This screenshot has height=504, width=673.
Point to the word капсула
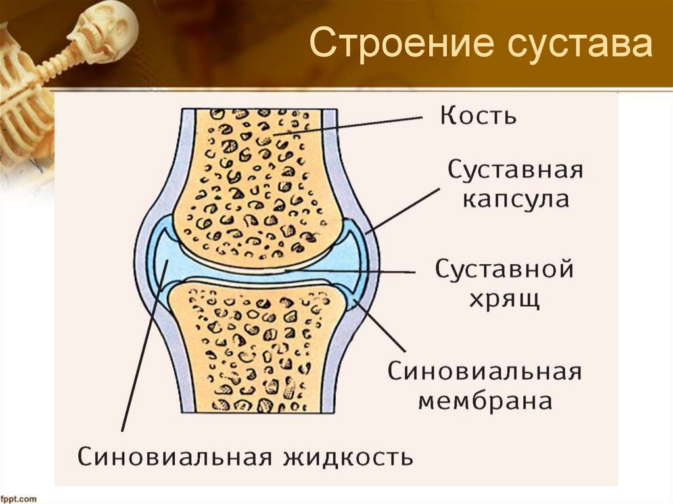click(515, 199)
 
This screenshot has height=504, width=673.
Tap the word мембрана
click(485, 401)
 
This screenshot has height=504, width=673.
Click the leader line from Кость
click(348, 127)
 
